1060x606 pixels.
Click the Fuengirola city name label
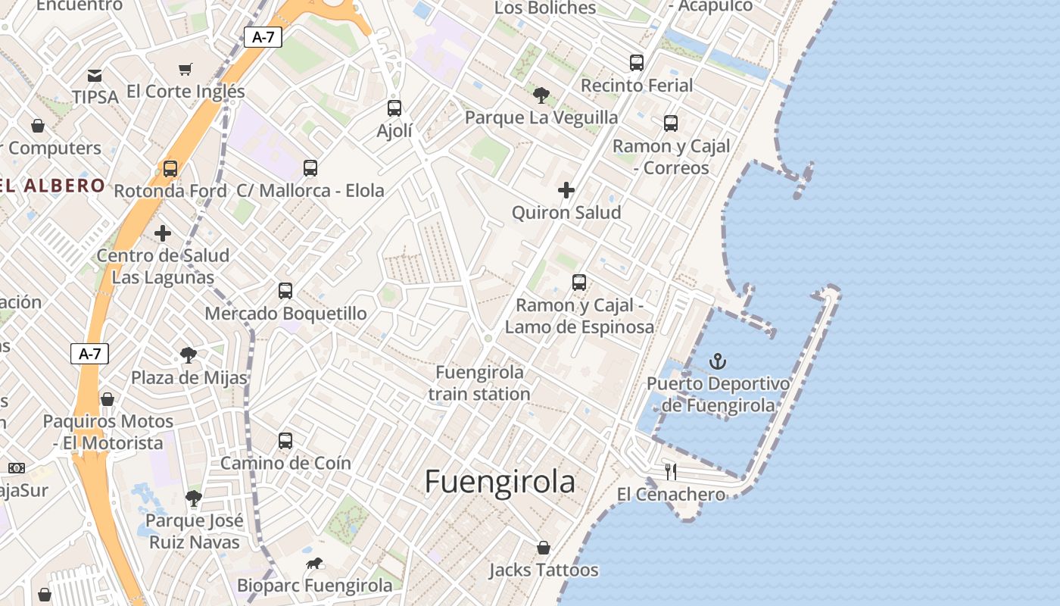pyautogui.click(x=500, y=482)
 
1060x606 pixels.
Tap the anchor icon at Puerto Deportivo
pyautogui.click(x=717, y=361)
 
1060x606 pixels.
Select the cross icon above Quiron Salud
pyautogui.click(x=566, y=190)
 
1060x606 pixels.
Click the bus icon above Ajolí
pyautogui.click(x=394, y=108)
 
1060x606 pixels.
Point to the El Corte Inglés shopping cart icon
pyautogui.click(x=185, y=70)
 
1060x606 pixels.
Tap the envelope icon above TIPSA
pyautogui.click(x=95, y=75)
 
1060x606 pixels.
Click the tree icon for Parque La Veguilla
pyautogui.click(x=541, y=95)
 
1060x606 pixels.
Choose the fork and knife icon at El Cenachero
pyautogui.click(x=670, y=472)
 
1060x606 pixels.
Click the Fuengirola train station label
pyautogui.click(x=479, y=383)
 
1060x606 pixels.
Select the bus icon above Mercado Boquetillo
pyautogui.click(x=285, y=290)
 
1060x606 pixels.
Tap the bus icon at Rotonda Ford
pyautogui.click(x=170, y=169)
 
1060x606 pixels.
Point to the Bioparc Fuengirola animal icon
pyautogui.click(x=314, y=564)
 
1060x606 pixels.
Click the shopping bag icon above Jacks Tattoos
pyautogui.click(x=543, y=548)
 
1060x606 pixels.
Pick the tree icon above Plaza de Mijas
pyautogui.click(x=189, y=355)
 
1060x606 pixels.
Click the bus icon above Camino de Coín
pyautogui.click(x=285, y=440)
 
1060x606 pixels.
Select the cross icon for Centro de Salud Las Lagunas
pyautogui.click(x=163, y=233)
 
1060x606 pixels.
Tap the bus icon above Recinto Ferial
pyautogui.click(x=637, y=63)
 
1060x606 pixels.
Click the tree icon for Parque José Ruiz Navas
pyautogui.click(x=194, y=498)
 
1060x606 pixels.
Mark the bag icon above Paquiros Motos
pyautogui.click(x=108, y=399)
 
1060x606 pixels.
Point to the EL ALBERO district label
pyautogui.click(x=53, y=186)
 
